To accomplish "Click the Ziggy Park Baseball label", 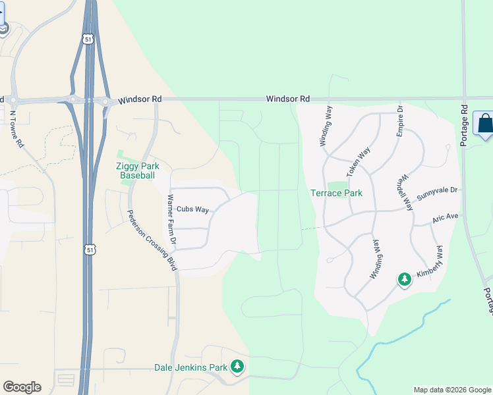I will point(137,171).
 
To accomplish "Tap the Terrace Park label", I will point(337,194).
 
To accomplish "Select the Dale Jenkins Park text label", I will point(190,367).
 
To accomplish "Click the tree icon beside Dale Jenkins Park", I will point(237,367).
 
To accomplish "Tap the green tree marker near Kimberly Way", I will point(405,280).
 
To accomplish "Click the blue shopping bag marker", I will point(485,124).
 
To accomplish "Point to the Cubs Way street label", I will point(192,209).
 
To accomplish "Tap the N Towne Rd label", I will point(16,128).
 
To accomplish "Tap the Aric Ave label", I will point(445,217).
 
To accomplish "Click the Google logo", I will point(22,387).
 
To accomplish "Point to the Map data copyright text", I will point(452,390).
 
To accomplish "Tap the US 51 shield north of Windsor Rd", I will point(88,39).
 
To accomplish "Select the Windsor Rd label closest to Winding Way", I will point(288,99).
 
